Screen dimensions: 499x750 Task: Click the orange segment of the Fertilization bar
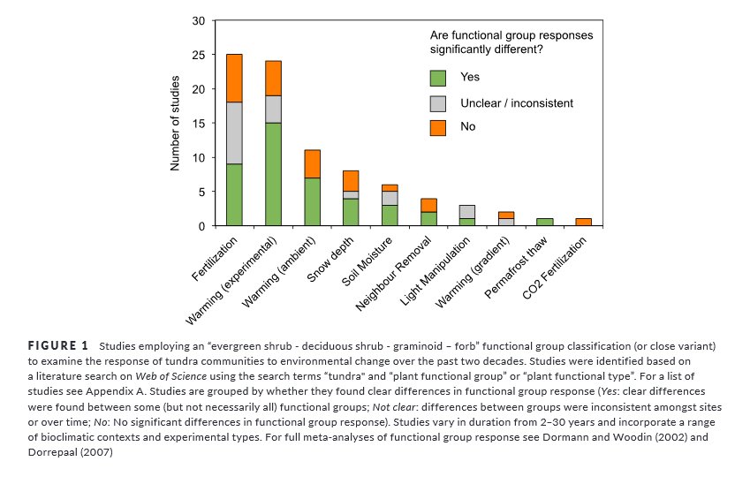pos(234,78)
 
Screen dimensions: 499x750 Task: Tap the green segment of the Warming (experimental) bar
pos(273,174)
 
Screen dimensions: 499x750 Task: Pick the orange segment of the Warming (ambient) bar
pos(312,163)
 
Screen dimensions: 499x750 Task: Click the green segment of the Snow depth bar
pos(351,212)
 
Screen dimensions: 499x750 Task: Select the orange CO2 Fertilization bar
pos(584,222)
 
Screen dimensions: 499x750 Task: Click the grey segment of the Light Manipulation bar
pos(467,212)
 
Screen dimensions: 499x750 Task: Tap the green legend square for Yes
pos(438,78)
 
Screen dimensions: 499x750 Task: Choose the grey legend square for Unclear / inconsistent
pos(438,103)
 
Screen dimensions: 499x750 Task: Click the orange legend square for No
pos(438,128)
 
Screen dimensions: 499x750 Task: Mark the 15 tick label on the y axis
pos(199,124)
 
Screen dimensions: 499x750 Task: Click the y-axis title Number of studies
pos(175,124)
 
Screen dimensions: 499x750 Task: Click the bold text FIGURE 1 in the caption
pos(58,344)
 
